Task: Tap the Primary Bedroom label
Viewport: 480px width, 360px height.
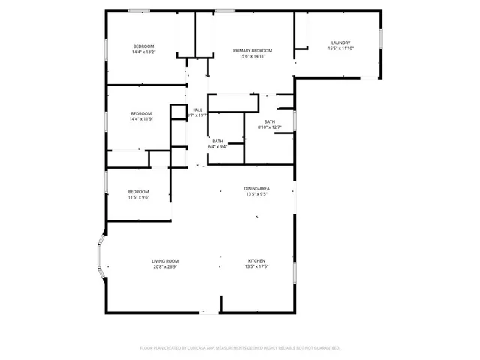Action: pyautogui.click(x=252, y=50)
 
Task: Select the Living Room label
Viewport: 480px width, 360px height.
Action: pyautogui.click(x=165, y=261)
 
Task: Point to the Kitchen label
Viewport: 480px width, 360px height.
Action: pyautogui.click(x=257, y=261)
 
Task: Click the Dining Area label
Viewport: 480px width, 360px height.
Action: pyautogui.click(x=257, y=188)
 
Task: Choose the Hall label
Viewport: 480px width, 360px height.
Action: pyautogui.click(x=198, y=110)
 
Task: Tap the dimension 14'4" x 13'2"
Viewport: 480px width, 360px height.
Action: pyautogui.click(x=143, y=52)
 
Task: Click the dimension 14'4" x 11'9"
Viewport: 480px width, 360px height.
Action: pyautogui.click(x=140, y=119)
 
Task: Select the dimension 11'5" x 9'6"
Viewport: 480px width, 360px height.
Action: pyautogui.click(x=138, y=197)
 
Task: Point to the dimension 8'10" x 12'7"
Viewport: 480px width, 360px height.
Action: pyautogui.click(x=270, y=127)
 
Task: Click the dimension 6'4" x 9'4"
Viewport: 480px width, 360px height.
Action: pyautogui.click(x=217, y=147)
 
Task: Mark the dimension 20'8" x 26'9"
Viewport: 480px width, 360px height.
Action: pyautogui.click(x=165, y=266)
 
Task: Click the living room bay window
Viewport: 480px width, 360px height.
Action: pyautogui.click(x=97, y=262)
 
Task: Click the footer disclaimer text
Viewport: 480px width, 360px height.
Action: pyautogui.click(x=240, y=348)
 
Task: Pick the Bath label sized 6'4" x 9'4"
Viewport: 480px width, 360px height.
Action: pyautogui.click(x=217, y=141)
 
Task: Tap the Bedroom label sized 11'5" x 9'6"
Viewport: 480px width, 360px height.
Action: pyautogui.click(x=138, y=191)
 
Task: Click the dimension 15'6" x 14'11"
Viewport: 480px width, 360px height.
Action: pyautogui.click(x=252, y=56)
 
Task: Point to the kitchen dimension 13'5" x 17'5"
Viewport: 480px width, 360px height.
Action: pyautogui.click(x=257, y=266)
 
